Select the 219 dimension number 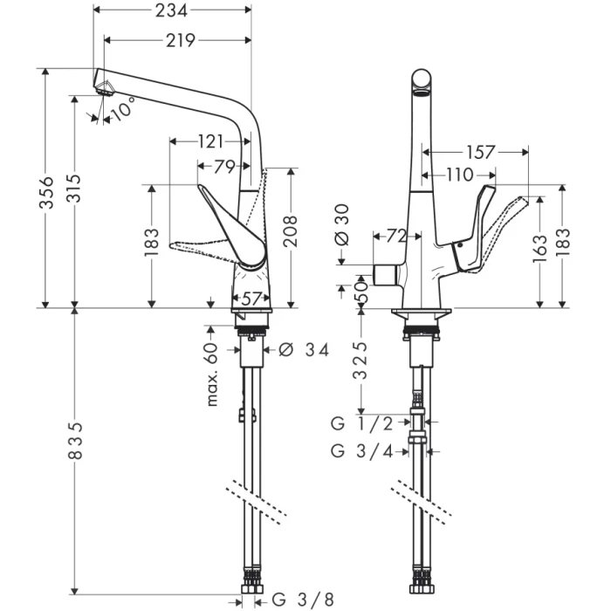(x=179, y=39)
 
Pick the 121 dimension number (x=210, y=141)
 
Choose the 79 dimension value (x=223, y=166)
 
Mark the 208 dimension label (x=290, y=231)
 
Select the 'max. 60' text (x=211, y=374)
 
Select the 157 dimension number (x=480, y=153)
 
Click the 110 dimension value (x=459, y=175)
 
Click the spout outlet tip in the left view (x=104, y=86)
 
